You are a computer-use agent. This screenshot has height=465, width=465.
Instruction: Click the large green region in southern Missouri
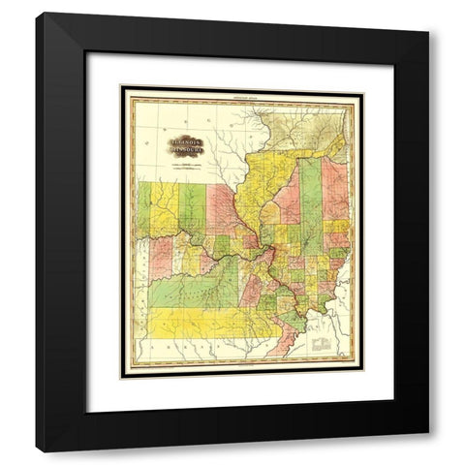199,286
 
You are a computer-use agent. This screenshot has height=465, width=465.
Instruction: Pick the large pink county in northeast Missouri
221,208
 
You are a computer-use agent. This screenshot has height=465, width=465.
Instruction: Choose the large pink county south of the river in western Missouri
160,257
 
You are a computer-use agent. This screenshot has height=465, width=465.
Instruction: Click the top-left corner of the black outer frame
37,14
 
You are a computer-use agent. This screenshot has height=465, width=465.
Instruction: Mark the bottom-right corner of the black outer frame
427,451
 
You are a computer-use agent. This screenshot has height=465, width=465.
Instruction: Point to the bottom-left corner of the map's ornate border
122,376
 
